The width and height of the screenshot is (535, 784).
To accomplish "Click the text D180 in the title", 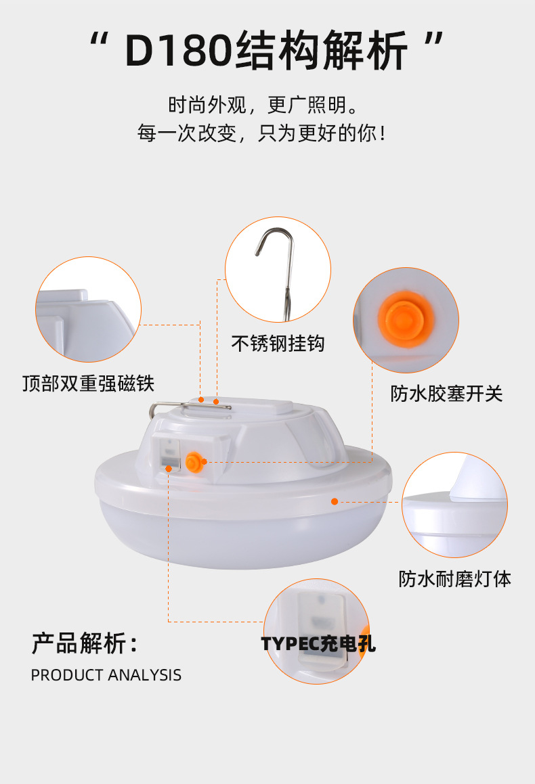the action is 179,51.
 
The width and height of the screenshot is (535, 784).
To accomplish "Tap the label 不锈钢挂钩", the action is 278,344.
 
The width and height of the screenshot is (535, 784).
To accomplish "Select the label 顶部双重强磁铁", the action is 89,384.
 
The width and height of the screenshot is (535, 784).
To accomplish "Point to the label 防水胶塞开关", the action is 446,394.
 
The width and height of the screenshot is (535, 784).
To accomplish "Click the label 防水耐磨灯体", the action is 455,579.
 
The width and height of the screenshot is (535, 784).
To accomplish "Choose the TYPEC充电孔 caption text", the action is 318,643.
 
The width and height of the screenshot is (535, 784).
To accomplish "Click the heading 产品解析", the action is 84,643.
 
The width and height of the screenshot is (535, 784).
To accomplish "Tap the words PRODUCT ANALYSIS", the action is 106,675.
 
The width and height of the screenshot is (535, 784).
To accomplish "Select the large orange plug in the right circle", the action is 406,319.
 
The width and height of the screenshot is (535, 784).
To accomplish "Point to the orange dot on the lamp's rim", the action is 335,501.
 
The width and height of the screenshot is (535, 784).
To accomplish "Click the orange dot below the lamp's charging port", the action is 169,469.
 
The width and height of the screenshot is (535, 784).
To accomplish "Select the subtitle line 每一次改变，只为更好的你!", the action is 262,133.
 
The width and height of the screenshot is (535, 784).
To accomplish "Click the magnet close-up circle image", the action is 88,310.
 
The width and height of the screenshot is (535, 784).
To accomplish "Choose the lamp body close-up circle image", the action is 455,505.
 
